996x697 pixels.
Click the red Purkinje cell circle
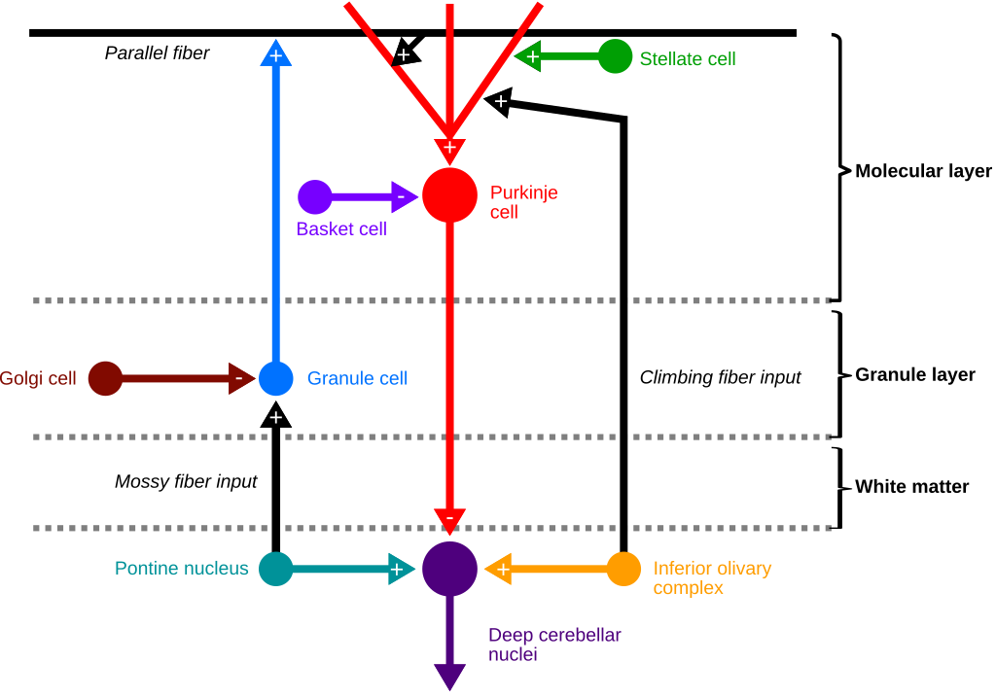pos(449,195)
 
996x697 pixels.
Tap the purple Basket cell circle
pos(314,196)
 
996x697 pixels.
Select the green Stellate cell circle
pos(615,56)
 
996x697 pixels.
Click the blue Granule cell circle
pos(276,378)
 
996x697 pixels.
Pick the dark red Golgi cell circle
pos(105,378)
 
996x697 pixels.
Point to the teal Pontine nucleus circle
pos(276,569)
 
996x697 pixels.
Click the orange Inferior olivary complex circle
pos(623,569)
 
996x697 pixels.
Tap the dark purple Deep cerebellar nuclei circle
pos(449,569)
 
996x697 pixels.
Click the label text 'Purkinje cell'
pos(523,202)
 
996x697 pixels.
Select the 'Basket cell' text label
pos(341,229)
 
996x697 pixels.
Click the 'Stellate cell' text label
pos(688,59)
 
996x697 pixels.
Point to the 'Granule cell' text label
pos(357,378)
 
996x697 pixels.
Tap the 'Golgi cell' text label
pos(38,378)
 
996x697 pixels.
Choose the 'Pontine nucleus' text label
pos(182,569)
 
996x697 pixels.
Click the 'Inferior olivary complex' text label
pos(712,577)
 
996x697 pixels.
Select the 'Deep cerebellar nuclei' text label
pos(554,645)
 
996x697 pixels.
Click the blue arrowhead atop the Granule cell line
pos(276,53)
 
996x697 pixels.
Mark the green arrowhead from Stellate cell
pos(528,56)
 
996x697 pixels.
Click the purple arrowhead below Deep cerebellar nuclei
pos(449,677)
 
